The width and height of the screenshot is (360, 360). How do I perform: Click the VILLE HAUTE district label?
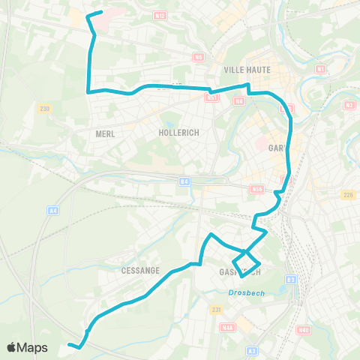click(x=241, y=70)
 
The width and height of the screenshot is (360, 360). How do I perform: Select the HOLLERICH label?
click(x=177, y=132)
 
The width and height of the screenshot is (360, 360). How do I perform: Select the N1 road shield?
click(x=320, y=69)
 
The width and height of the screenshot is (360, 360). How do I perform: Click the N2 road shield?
click(x=349, y=105)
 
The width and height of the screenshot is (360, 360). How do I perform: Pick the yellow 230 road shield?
click(x=46, y=109)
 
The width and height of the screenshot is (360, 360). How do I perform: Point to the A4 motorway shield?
click(x=52, y=211)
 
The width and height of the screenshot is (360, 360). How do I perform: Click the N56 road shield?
click(x=257, y=190)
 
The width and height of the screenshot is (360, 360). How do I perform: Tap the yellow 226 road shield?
click(x=347, y=196)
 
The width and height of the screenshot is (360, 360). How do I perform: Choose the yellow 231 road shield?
click(x=216, y=309)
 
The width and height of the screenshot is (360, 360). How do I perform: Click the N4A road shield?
click(x=226, y=327)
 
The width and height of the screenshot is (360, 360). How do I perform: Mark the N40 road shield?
click(x=303, y=329)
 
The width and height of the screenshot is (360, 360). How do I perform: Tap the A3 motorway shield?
click(x=252, y=350)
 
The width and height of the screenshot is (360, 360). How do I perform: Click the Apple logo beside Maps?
click(x=12, y=347)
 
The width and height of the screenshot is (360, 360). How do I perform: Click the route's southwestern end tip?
click(x=69, y=344)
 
